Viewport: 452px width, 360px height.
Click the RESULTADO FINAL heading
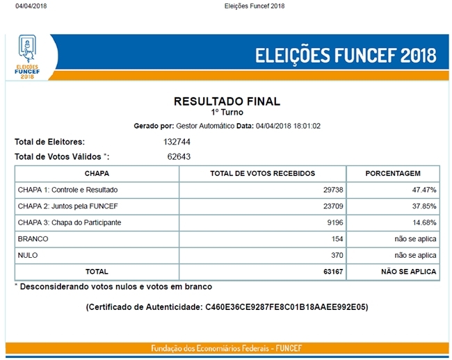click(227, 101)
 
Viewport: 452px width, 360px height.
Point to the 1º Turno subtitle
click(227, 112)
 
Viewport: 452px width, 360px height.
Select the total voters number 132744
click(177, 142)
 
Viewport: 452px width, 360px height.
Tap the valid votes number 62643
click(179, 156)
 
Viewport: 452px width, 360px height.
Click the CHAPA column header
click(97, 173)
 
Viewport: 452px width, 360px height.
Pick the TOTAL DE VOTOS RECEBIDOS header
click(262, 173)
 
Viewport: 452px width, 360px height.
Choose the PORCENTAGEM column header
click(393, 173)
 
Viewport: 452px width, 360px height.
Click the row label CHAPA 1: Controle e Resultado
click(67, 189)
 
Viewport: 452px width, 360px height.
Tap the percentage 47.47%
click(423, 189)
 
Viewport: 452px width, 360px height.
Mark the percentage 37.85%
click(423, 206)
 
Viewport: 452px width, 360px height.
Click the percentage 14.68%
click(423, 222)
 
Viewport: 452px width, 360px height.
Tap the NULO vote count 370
click(337, 255)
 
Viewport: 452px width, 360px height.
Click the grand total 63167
click(332, 272)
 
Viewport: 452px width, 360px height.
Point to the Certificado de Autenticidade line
click(227, 306)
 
